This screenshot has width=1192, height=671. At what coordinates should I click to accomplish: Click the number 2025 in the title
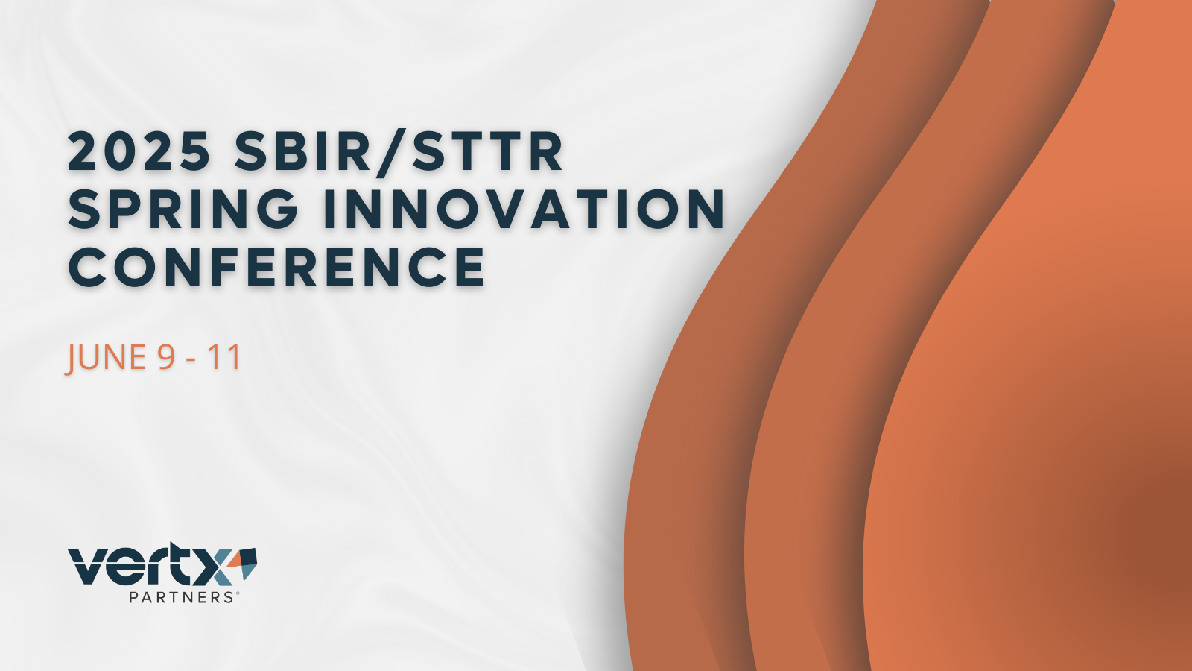point(139,151)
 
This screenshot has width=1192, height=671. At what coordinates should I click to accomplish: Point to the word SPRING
point(183,209)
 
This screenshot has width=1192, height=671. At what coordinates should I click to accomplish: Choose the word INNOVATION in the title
point(524,209)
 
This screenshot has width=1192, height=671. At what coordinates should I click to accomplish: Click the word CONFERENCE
point(276,267)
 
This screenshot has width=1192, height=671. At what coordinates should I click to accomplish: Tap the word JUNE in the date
point(105,357)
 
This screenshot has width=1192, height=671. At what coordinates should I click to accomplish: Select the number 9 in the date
point(166,357)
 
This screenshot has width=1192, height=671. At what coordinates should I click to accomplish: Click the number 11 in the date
point(224,357)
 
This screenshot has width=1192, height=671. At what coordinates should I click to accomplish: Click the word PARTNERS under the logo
point(181,597)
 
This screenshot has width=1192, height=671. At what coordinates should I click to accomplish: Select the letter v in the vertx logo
point(88,569)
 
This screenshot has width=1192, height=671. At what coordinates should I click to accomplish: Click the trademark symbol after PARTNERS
point(237,593)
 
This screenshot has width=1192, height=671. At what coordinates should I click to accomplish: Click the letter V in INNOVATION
point(504,209)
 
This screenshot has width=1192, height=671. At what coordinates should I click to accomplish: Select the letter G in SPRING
point(278,209)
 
